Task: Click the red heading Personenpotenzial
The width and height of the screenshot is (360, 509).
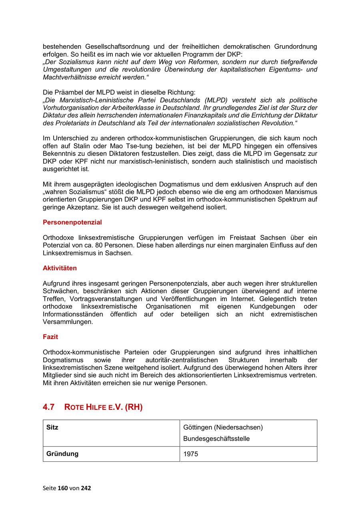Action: [x=72, y=222]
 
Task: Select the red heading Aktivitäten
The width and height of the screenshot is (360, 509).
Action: [x=60, y=268]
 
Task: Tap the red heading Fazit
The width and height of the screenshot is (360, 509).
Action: [x=50, y=337]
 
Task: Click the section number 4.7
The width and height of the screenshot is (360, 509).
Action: [x=48, y=407]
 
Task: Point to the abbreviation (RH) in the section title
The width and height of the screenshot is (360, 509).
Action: [x=133, y=407]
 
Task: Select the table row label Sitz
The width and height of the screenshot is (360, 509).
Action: [x=52, y=427]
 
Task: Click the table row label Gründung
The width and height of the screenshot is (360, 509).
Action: [x=62, y=454]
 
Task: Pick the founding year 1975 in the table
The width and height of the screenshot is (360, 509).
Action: [x=190, y=454]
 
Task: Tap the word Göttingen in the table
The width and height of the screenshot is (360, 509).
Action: [x=198, y=427]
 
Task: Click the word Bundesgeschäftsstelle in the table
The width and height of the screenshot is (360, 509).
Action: [x=216, y=439]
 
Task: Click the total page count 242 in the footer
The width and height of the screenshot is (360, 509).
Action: [x=86, y=488]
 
